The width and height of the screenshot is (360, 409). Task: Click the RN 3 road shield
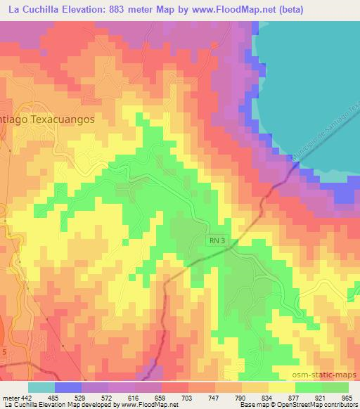(217, 240)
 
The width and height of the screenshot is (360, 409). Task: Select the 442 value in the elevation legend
(26, 398)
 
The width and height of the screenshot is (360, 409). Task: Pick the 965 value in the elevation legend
(347, 398)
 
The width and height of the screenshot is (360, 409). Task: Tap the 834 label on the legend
(257, 398)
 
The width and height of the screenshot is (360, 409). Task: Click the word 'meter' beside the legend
(10, 398)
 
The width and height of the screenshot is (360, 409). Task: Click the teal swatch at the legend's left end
(41, 387)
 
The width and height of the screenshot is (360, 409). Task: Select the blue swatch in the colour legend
(68, 387)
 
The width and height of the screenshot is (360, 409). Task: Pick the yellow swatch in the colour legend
(282, 387)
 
